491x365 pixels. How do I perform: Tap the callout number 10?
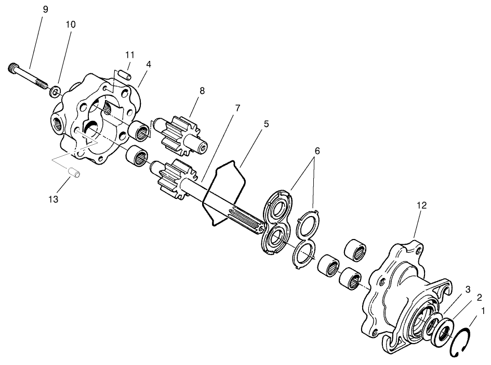pos(71,24)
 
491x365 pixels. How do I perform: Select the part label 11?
pos(129,55)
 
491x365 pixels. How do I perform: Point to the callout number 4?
pos(149,64)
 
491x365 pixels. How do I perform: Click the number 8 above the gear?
pos(202,91)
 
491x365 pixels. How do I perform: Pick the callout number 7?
pos(237,108)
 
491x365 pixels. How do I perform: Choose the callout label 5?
pos(266,124)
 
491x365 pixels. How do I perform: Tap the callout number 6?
pos(317,151)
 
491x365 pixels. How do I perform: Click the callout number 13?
pos(54,199)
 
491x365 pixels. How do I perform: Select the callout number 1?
pos(483,311)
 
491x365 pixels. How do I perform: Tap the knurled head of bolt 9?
pos(15,68)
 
